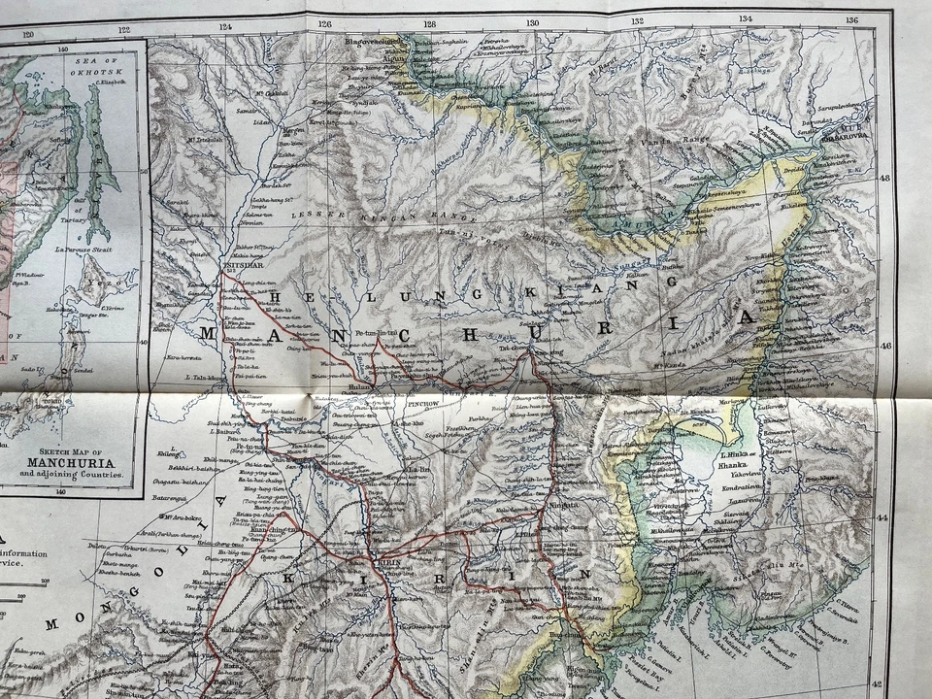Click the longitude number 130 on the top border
pos(531,21)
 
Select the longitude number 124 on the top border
pos(227,27)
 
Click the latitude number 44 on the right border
pos(882,517)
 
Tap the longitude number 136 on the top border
pos(851,19)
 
